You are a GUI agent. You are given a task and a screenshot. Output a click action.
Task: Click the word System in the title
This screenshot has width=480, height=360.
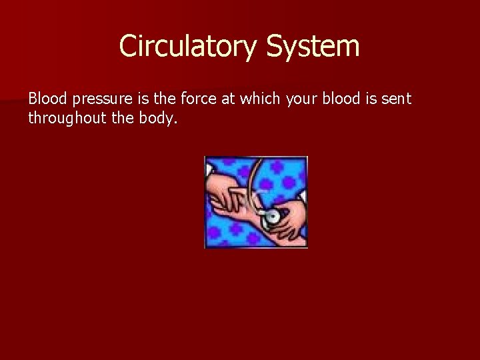pos(313,47)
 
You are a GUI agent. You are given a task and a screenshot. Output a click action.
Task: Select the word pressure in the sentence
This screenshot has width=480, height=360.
pos(93,100)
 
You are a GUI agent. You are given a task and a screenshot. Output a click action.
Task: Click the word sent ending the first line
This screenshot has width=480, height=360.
pos(398,99)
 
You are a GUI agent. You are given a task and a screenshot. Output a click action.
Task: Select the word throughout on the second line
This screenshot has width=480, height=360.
pos(63,119)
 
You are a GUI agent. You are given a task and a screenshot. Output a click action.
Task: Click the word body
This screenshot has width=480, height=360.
pos(163,119)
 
